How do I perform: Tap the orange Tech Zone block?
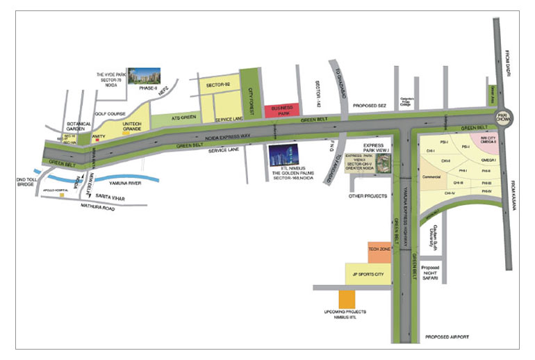379,253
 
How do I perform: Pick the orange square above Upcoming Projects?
347,300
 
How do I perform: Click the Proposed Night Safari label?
433,273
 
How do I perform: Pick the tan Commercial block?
432,178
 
